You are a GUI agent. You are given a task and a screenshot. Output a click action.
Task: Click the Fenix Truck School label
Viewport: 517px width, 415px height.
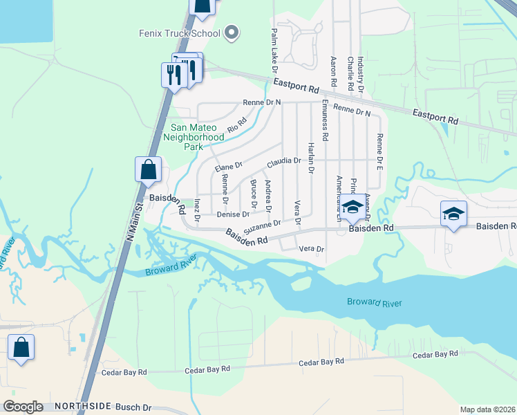(178, 33)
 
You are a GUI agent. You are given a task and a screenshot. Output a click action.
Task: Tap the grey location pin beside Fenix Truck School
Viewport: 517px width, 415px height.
(232, 33)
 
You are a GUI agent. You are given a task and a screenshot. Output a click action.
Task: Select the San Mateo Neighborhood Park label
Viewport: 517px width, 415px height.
(198, 137)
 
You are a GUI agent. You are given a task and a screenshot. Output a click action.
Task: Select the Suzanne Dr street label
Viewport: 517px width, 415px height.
(262, 225)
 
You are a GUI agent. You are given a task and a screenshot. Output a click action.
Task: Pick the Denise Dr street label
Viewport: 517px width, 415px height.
(233, 214)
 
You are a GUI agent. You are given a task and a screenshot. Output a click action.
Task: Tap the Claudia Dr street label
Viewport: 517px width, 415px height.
(284, 160)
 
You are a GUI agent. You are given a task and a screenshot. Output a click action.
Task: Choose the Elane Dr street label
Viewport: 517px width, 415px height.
(228, 166)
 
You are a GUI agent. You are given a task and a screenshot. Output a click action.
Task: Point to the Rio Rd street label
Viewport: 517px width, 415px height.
(237, 125)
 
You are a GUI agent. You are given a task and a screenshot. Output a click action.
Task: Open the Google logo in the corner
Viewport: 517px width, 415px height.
(23, 407)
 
